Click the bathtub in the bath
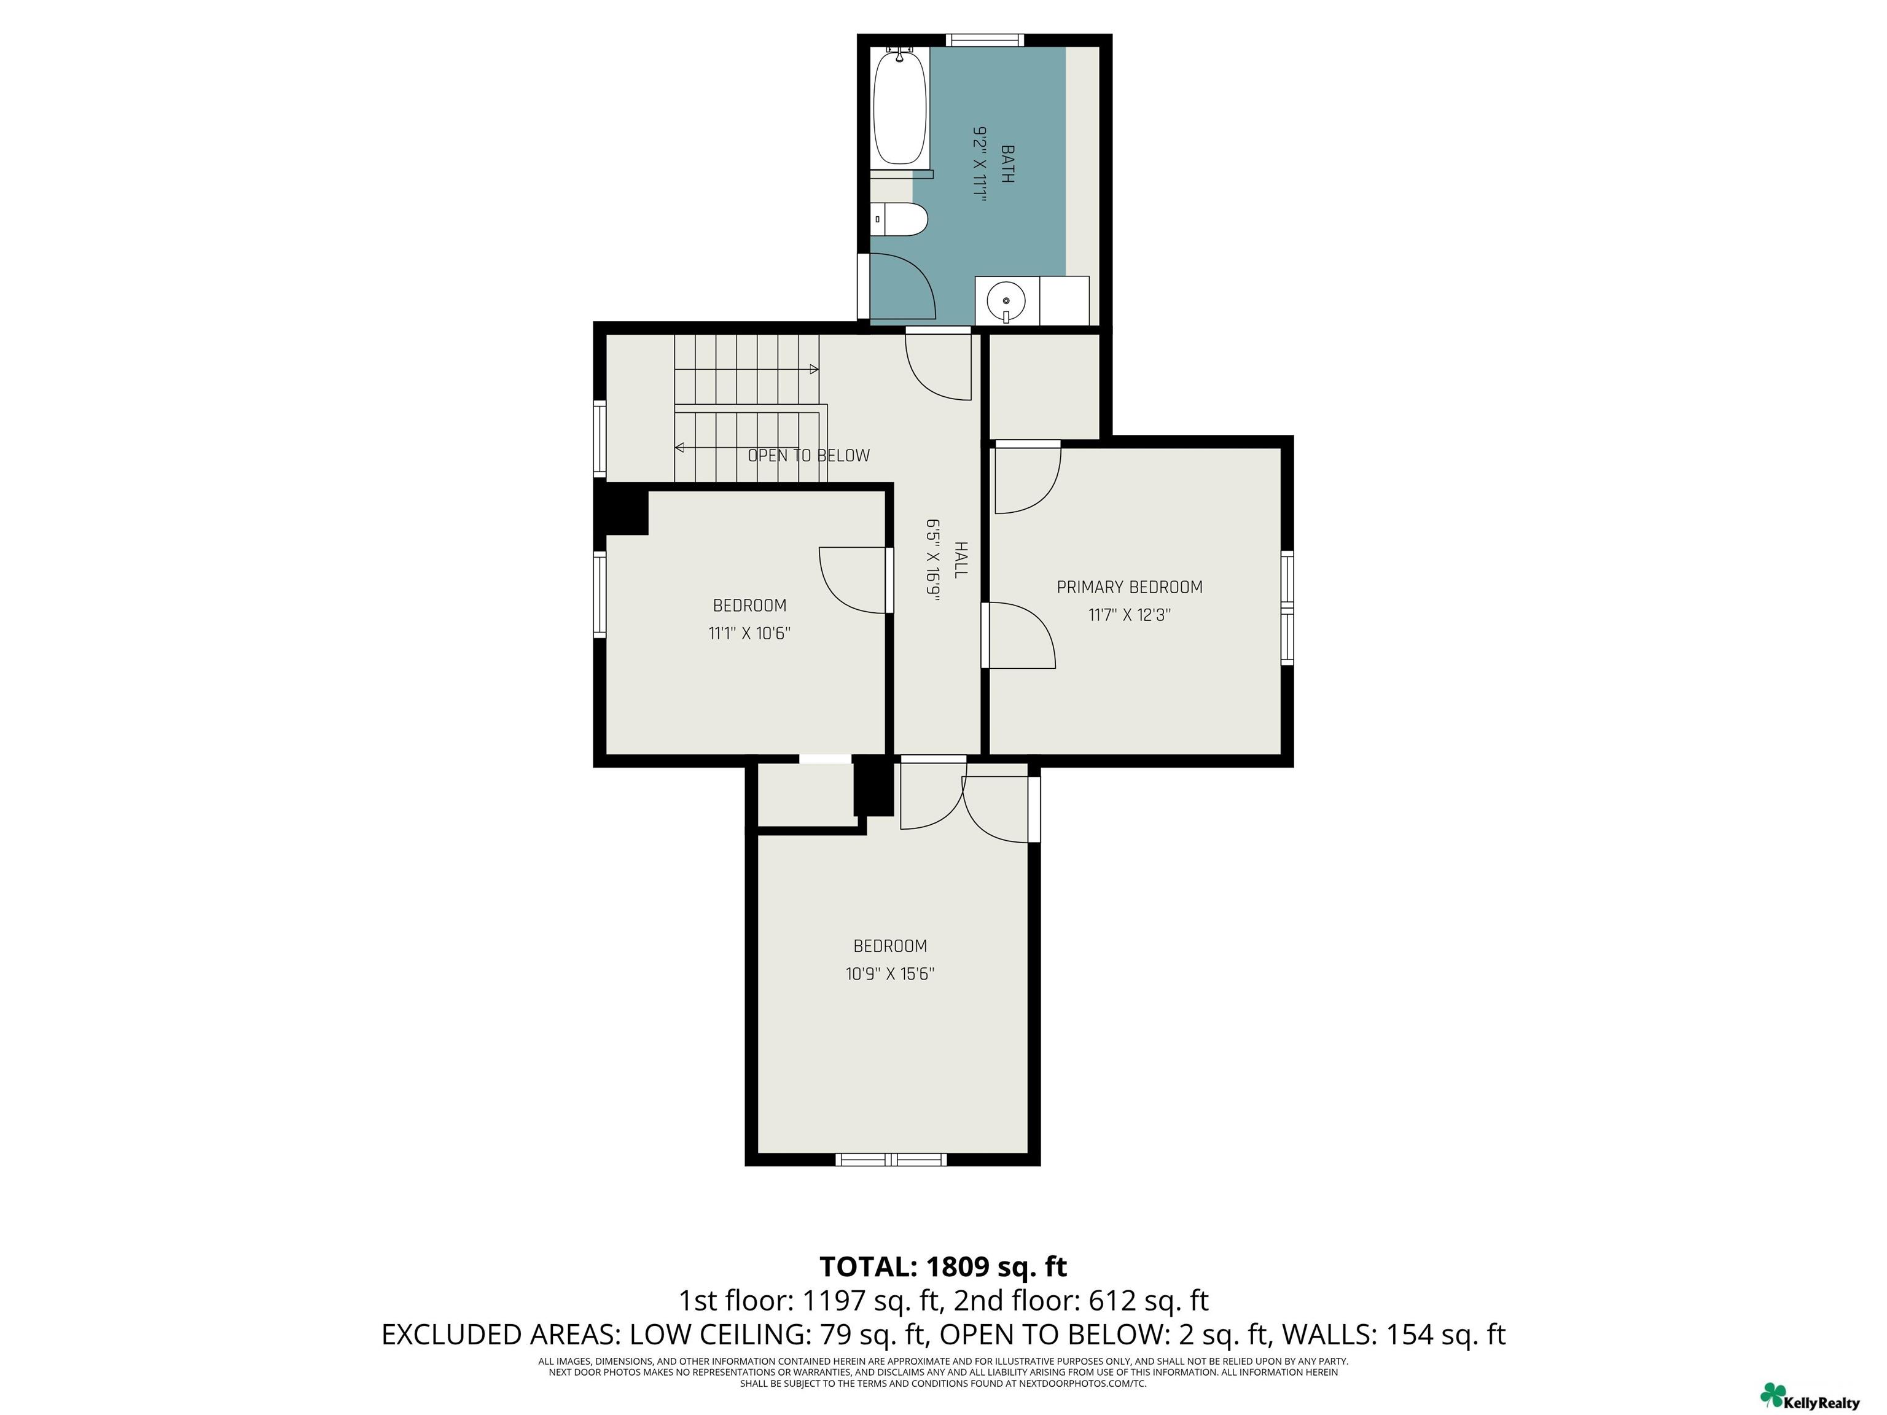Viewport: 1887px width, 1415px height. (x=900, y=106)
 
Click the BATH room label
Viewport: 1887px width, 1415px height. (x=1007, y=165)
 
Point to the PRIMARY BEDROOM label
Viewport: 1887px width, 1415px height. (x=1130, y=587)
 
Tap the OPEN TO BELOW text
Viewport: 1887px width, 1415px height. (x=809, y=456)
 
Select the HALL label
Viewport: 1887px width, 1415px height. (x=961, y=559)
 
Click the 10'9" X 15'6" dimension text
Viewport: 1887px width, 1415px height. (x=890, y=974)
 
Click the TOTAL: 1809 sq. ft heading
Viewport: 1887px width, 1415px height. (x=943, y=1266)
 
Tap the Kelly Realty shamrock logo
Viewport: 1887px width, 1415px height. (x=1773, y=1395)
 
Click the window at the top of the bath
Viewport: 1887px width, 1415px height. (x=985, y=39)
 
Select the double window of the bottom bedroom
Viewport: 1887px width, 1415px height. (x=891, y=1159)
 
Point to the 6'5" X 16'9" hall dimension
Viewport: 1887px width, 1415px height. (x=933, y=560)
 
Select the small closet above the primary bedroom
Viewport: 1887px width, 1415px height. (x=1043, y=386)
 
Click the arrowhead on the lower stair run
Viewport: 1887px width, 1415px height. (x=679, y=447)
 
